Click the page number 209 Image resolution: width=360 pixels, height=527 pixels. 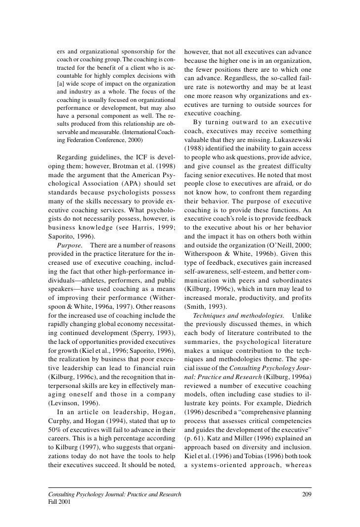(x=306, y=495)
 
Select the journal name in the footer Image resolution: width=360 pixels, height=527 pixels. (x=114, y=495)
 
